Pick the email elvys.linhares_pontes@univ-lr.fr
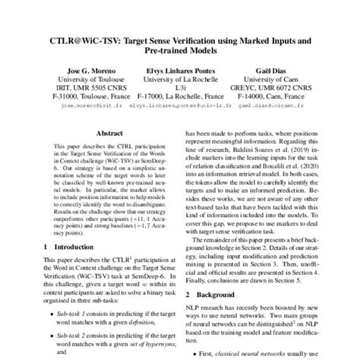tap(181, 108)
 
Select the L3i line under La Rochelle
tap(181, 88)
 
